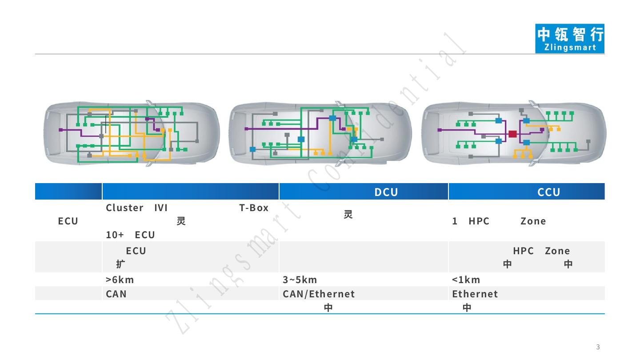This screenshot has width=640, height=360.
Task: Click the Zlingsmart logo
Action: [569, 39]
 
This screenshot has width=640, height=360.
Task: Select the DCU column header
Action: [386, 192]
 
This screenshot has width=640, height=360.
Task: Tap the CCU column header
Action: [548, 192]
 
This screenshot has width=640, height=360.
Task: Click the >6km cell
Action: [120, 280]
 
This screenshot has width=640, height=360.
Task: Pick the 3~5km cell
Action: [300, 280]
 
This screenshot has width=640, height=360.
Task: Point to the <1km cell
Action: [466, 280]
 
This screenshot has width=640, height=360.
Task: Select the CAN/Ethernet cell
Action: [319, 294]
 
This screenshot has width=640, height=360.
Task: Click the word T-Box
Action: [254, 208]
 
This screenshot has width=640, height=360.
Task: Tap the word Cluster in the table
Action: [124, 208]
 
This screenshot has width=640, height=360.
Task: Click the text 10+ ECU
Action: [130, 234]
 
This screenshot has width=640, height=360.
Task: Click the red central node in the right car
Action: [512, 134]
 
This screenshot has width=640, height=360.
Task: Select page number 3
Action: [598, 347]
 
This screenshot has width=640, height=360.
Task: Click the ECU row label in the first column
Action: [68, 221]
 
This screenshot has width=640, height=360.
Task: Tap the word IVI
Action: [160, 208]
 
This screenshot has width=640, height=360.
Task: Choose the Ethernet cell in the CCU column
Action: [475, 294]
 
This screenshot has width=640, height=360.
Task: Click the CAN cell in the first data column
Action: [116, 294]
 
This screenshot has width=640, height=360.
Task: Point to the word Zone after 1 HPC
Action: [533, 221]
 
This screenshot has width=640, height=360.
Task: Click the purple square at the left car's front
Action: [61, 130]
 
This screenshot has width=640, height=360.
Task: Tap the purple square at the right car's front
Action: [440, 130]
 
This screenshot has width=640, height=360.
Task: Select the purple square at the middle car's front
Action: [247, 129]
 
